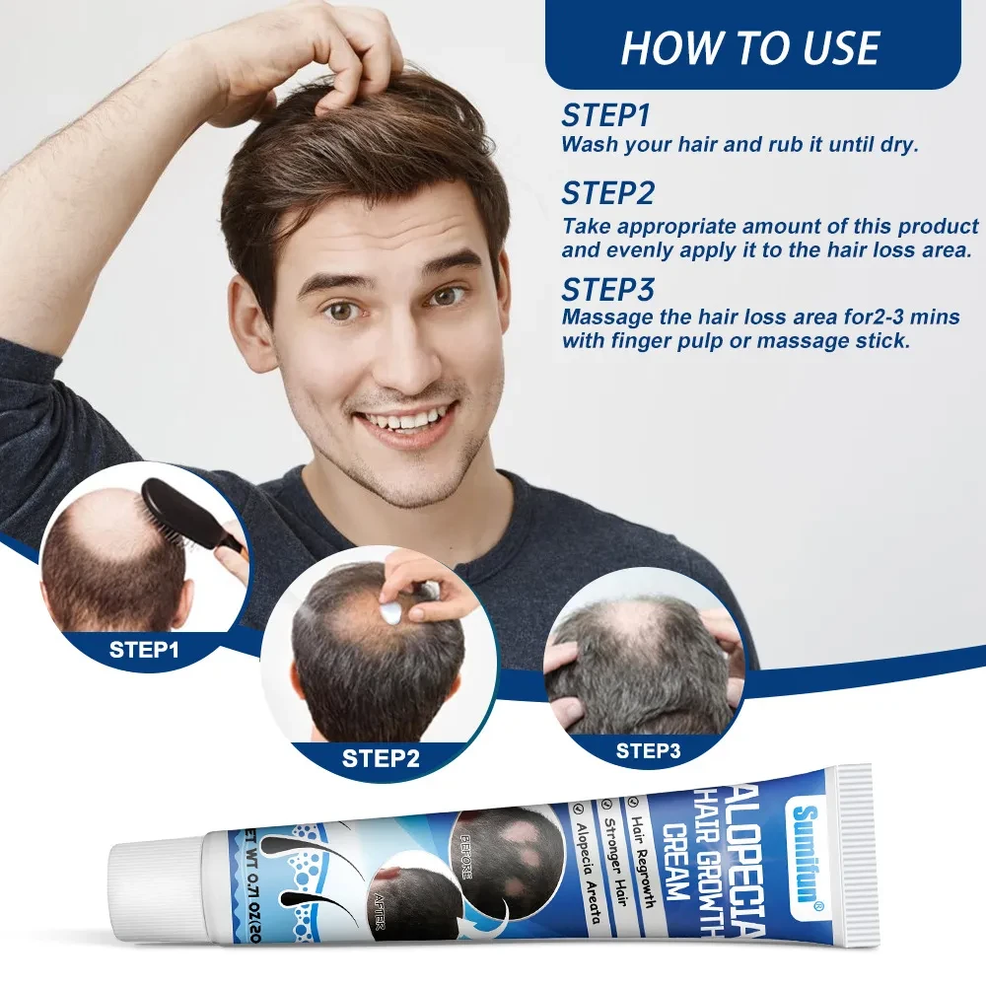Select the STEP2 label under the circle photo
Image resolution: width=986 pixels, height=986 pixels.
[381, 758]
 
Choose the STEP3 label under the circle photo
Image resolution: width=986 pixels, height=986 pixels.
[648, 751]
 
